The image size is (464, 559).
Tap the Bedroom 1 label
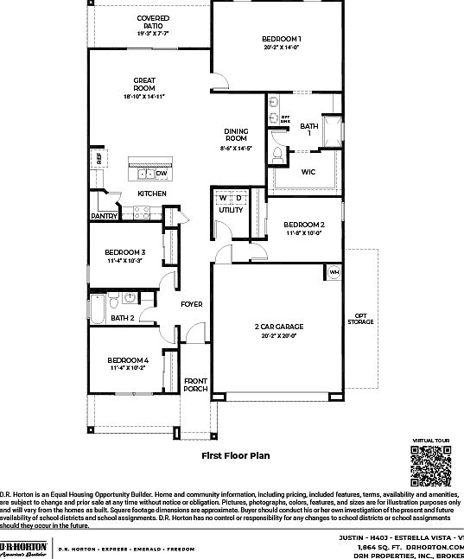pyautogui.click(x=282, y=40)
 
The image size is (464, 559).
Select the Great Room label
pyautogui.click(x=144, y=84)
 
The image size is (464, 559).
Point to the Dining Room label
pyautogui.click(x=237, y=135)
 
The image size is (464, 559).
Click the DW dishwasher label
pyautogui.click(x=162, y=174)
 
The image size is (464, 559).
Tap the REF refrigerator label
pyautogui.click(x=99, y=158)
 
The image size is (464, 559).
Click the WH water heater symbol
pyautogui.click(x=334, y=273)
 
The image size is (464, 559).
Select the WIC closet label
pyautogui.click(x=308, y=172)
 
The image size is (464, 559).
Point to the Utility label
pyautogui.click(x=231, y=210)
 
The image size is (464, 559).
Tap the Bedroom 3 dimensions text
pyautogui.click(x=126, y=260)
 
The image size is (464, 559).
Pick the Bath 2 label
pyautogui.click(x=122, y=318)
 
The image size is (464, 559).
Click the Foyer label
pyautogui.click(x=191, y=304)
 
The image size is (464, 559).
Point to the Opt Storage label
pyautogui.click(x=361, y=319)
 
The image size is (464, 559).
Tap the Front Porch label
pyautogui.click(x=195, y=384)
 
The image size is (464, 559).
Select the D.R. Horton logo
pyautogui.click(x=23, y=549)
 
